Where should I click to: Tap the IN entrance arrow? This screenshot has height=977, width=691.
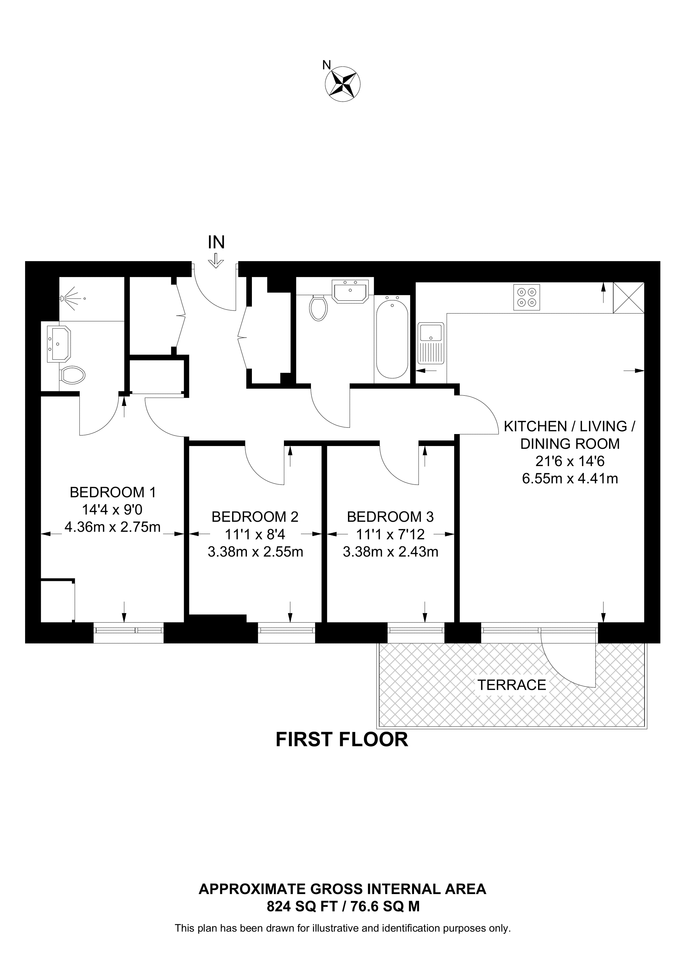point(216,260)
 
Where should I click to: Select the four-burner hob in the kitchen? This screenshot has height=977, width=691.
point(527,297)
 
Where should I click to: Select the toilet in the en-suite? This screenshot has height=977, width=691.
point(72,375)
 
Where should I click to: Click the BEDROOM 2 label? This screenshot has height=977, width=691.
point(255,517)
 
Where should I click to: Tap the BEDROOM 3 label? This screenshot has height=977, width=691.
point(390,517)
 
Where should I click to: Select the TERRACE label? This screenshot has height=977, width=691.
point(511,685)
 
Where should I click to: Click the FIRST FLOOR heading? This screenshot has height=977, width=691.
point(342,739)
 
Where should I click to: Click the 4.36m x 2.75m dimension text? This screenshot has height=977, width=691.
point(112,527)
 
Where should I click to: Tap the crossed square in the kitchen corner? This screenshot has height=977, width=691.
point(628,298)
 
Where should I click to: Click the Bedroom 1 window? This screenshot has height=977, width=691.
point(128,632)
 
